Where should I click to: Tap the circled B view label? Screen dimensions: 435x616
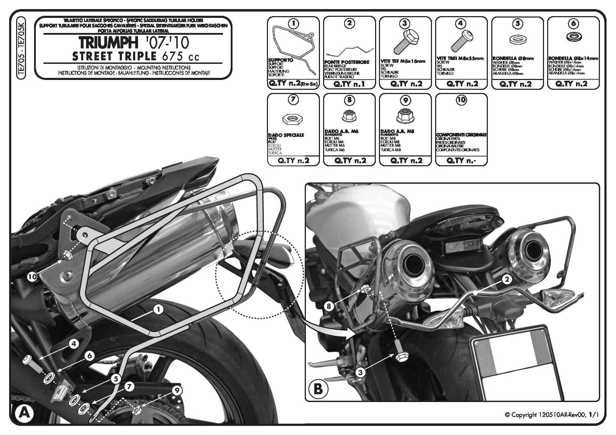(x=318, y=389)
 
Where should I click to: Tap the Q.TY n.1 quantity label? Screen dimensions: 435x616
(x=349, y=84)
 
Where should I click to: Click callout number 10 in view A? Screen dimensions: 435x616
(x=32, y=277)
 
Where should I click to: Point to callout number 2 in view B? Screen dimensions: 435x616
(x=506, y=279)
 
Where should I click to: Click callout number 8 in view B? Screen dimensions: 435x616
(x=329, y=306)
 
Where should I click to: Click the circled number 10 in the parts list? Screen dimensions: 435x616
(x=461, y=100)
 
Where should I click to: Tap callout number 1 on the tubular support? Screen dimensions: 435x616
(x=158, y=309)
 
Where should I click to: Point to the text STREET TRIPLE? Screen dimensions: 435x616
(x=114, y=56)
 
